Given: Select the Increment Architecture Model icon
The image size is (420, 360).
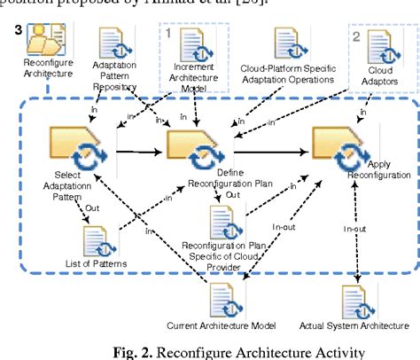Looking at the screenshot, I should pos(193,44).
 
